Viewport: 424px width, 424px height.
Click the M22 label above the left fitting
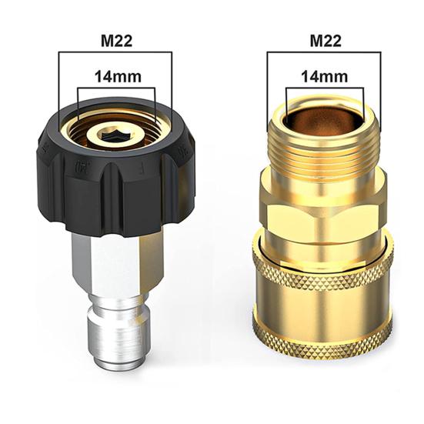pos(116,41)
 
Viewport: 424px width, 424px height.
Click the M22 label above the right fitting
pos(326,41)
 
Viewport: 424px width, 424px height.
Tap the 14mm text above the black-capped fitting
pos(118,76)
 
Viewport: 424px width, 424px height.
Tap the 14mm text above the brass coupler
pos(325,76)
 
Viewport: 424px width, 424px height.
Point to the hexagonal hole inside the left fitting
pos(114,134)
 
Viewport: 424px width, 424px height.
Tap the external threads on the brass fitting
pos(324,152)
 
